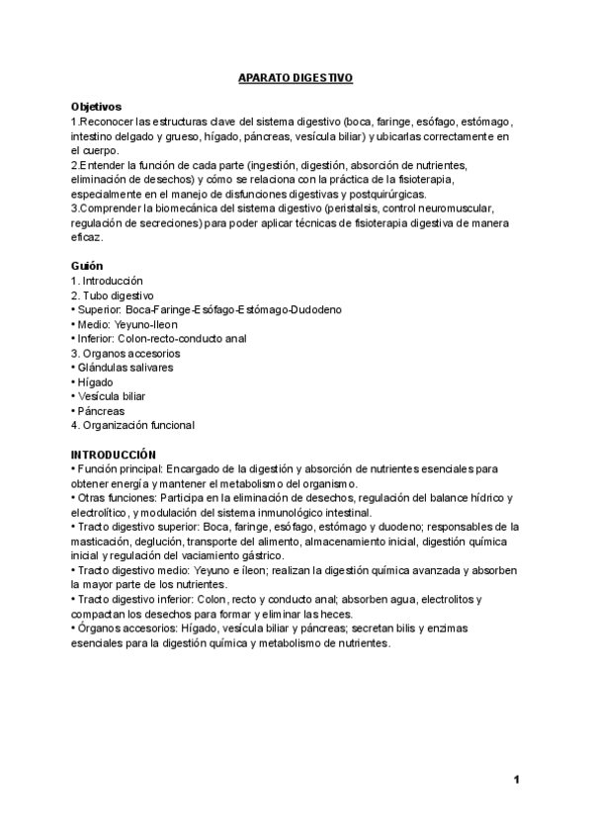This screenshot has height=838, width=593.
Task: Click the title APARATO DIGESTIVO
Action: [x=296, y=76]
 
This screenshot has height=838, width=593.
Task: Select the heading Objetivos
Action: [x=96, y=106]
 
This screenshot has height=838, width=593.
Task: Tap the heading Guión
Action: [x=87, y=266]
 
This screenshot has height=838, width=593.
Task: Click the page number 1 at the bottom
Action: [x=517, y=781]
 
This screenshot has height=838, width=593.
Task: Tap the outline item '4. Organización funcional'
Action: [x=132, y=425]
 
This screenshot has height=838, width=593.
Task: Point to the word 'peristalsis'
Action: [x=368, y=209]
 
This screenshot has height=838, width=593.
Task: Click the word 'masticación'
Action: [x=103, y=542]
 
